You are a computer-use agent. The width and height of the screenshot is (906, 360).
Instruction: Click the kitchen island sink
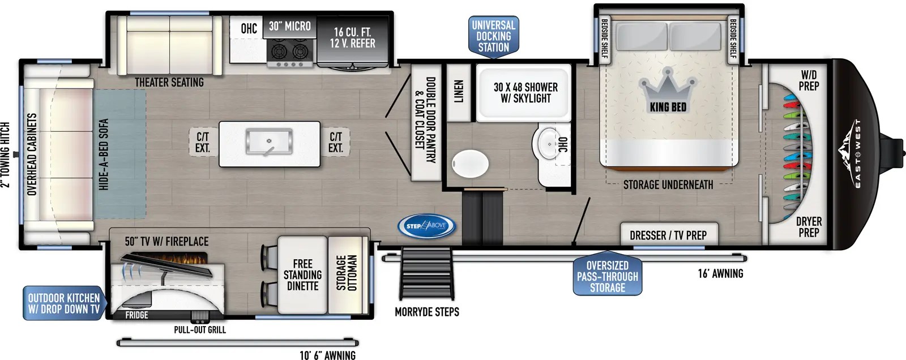point(269,142)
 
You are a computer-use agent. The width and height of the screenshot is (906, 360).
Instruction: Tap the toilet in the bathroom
point(470,164)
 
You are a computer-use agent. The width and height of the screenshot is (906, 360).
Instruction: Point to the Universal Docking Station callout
point(494,36)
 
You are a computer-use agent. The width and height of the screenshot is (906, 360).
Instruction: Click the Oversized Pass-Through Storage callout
point(607,276)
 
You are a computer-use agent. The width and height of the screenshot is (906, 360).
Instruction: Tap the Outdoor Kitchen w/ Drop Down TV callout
point(63,303)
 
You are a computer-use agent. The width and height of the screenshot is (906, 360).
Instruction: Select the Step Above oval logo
point(426,225)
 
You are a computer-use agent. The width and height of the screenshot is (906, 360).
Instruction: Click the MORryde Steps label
point(427,312)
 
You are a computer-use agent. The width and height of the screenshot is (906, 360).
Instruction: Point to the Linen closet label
point(459,92)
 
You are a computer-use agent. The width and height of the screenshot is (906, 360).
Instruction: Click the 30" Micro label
point(289,27)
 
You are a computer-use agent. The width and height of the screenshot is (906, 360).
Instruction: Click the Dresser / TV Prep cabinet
point(668,235)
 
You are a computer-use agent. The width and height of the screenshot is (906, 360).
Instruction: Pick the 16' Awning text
point(720,273)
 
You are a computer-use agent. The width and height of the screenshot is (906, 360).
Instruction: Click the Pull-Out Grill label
point(199,329)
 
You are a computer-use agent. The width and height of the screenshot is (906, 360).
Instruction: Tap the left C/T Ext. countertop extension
point(203,142)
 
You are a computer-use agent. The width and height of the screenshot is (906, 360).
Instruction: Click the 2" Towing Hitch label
point(5,154)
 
